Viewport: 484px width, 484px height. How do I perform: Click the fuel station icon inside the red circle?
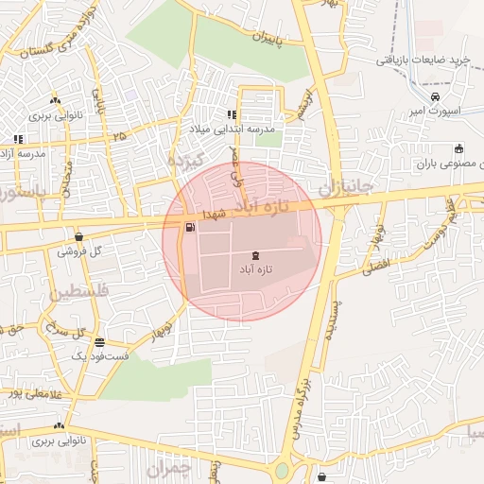pos(191,227)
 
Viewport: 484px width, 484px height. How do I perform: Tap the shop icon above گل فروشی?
pos(78,237)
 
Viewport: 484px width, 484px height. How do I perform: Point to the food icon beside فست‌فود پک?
pos(100,343)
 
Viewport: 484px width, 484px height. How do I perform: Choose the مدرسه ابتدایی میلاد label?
pos(240,129)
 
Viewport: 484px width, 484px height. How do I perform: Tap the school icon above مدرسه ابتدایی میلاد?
pos(233,115)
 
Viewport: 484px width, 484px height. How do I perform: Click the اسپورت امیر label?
pos(439,111)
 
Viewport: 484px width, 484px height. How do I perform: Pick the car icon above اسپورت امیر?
pos(434,96)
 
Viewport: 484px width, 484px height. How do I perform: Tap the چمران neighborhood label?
pos(170,468)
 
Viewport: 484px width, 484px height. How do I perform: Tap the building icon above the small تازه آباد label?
pos(255,256)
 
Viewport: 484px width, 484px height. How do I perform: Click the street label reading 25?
pos(119,136)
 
